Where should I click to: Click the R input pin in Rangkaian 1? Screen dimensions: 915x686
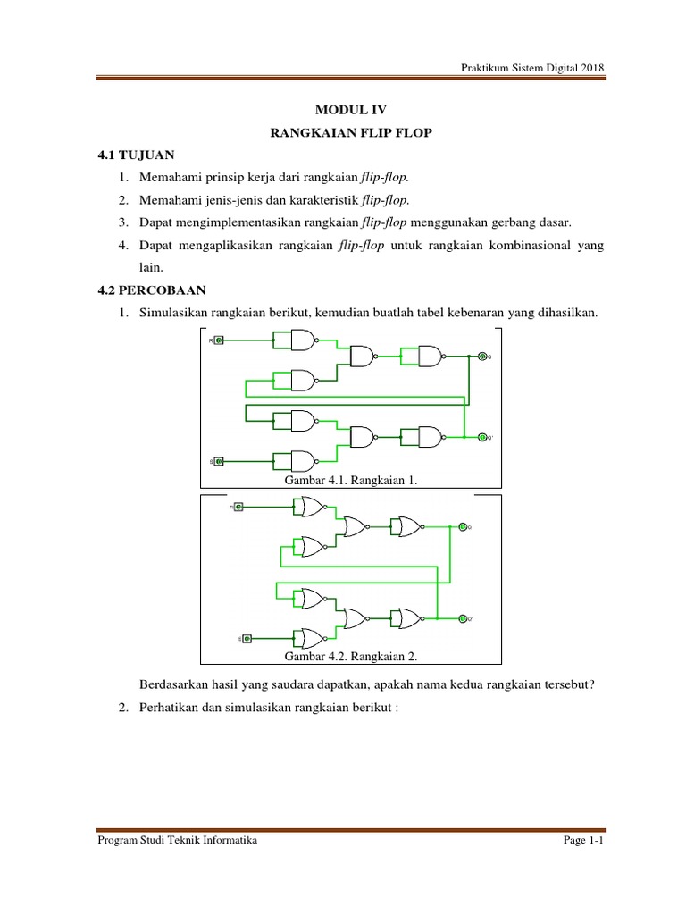[x=219, y=340]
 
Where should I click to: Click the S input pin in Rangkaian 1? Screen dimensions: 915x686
[x=219, y=461]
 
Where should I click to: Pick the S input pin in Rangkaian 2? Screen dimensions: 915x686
[x=247, y=638]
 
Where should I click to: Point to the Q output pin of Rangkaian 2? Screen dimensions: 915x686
[x=463, y=526]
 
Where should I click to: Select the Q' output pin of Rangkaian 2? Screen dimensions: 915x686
[x=463, y=618]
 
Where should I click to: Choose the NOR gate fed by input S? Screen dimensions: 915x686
[x=313, y=638]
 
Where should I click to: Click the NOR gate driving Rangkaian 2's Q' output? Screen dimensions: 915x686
[x=410, y=618]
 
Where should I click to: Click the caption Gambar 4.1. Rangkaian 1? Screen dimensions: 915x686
[x=351, y=481]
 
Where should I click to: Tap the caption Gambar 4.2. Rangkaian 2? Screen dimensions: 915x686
[x=351, y=656]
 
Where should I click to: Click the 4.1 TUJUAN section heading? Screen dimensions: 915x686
[x=137, y=155]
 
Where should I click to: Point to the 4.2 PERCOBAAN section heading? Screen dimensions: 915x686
[x=152, y=290]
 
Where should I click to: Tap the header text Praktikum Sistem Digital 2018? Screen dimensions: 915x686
[x=532, y=68]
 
